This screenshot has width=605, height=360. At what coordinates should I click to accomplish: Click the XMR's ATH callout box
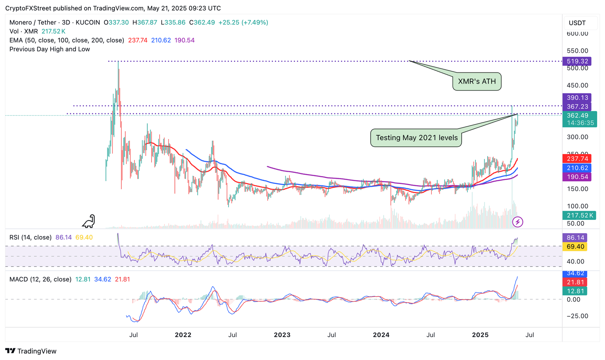(477, 82)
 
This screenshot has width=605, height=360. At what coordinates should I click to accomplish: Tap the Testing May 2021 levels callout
(416, 138)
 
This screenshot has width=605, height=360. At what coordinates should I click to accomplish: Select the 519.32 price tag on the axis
(577, 61)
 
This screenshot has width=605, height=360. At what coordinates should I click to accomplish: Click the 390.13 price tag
(577, 98)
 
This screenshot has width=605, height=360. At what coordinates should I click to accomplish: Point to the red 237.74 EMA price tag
(577, 159)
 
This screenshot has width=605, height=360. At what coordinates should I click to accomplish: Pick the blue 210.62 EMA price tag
(577, 168)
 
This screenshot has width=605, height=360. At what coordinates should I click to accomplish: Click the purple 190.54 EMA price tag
(577, 177)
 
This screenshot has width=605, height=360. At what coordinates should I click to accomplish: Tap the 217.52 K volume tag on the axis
(579, 215)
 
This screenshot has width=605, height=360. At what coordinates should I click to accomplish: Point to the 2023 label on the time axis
(282, 335)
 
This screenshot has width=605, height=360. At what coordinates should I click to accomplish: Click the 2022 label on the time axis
(183, 335)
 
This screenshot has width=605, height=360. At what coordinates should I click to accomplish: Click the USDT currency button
(577, 23)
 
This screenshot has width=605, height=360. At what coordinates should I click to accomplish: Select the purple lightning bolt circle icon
(518, 222)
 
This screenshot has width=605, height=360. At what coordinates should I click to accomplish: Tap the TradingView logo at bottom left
(31, 351)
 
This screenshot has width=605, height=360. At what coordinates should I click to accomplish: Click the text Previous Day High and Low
(50, 49)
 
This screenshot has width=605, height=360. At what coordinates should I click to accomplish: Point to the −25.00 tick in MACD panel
(577, 316)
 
